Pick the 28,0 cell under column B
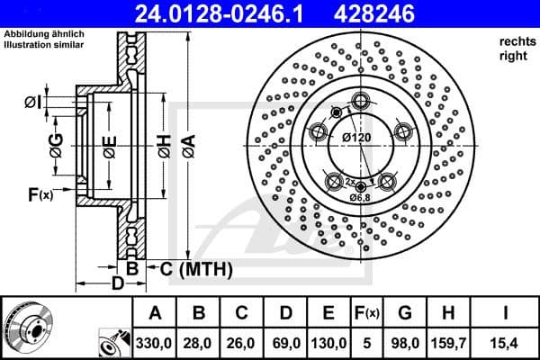coord(200,342)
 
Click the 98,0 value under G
coord(405,342)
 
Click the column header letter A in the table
coord(155,313)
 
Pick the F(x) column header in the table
coord(368,313)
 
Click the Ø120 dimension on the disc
coord(357,137)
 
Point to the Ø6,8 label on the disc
coord(361,197)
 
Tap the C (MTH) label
coord(197,268)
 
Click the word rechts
coord(515,41)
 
